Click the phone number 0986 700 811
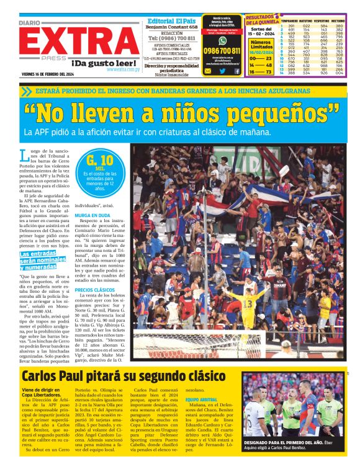point(222,50)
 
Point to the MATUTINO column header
point(305,20)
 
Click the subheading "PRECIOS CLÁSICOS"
point(95,290)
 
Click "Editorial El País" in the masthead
point(172,20)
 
